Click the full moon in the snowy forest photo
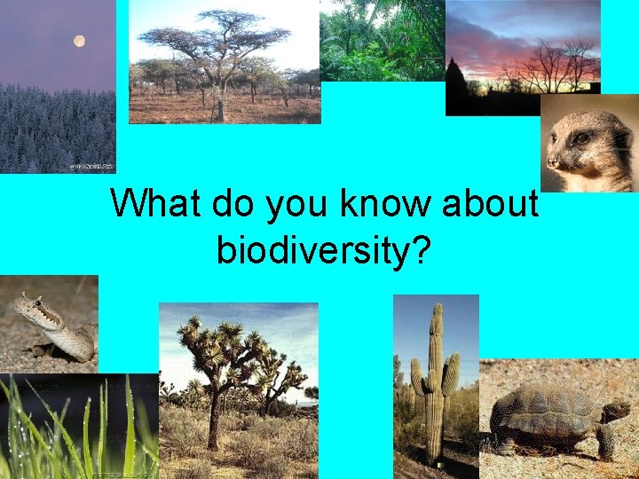80,41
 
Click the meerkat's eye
581,138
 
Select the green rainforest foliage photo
382,40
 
